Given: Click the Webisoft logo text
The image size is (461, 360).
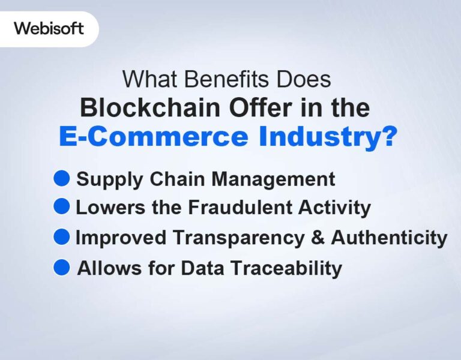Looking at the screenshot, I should click(x=49, y=28).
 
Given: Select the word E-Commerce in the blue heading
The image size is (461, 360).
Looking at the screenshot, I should click(x=152, y=137).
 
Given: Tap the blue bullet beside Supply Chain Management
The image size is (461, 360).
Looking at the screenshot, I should click(x=62, y=178).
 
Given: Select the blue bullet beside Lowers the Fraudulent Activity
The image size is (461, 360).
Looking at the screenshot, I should click(x=62, y=207).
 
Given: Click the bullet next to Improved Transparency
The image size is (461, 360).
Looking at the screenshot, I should click(x=62, y=237).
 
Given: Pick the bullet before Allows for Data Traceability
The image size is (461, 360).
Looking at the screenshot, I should click(x=62, y=267).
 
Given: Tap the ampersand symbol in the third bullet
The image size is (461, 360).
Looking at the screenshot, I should click(x=319, y=238).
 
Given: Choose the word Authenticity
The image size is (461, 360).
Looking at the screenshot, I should click(x=389, y=238).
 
